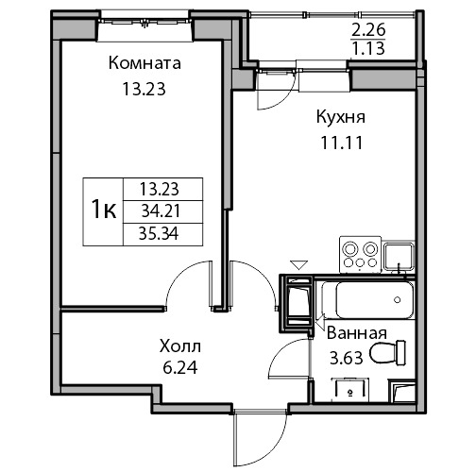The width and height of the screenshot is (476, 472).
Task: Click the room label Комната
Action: click(x=144, y=63)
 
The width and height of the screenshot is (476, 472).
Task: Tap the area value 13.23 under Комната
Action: click(x=144, y=89)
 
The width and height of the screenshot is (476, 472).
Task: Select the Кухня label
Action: click(x=341, y=117)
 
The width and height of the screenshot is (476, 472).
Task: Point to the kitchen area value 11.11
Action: click(x=342, y=143)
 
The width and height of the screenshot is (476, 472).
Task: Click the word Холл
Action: click(x=180, y=346)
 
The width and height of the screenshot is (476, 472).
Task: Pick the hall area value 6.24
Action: click(x=180, y=367)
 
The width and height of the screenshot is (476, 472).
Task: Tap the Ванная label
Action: click(x=357, y=333)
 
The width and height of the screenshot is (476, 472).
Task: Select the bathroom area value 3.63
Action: click(x=346, y=358)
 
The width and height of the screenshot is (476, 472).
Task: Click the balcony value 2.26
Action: click(x=368, y=30)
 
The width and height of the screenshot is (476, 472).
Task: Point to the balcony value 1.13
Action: click(x=368, y=49)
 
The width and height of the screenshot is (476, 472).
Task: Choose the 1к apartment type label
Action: click(x=104, y=211)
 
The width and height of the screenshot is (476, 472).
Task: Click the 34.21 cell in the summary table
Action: click(x=161, y=211)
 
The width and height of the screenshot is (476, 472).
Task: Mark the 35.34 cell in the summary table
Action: click(x=159, y=234)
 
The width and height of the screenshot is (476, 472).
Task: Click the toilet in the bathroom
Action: click(x=388, y=353)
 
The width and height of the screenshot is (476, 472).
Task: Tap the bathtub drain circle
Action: click(x=398, y=300)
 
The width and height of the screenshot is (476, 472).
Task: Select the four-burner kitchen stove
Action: click(x=360, y=255)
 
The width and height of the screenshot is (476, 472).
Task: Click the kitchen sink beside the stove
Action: click(x=399, y=257)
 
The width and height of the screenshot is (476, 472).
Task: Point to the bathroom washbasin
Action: click(x=349, y=390)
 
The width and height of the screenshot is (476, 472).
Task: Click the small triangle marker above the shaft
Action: click(x=298, y=265)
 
